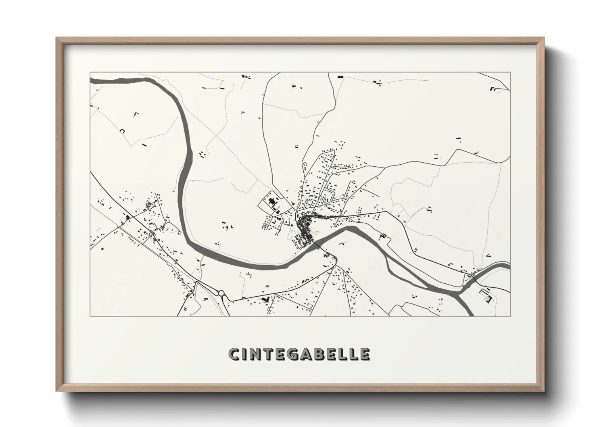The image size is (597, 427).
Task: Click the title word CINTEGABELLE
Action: [x=299, y=354]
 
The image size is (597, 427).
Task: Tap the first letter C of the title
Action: [x=234, y=354]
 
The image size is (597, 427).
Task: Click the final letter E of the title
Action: [x=364, y=354]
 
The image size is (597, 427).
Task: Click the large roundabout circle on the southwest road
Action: [x=221, y=293]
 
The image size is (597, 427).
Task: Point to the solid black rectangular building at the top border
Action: [x=340, y=76]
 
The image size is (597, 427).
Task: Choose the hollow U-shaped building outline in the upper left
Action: [x=121, y=130]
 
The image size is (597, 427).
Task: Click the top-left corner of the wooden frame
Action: [x=57, y=38]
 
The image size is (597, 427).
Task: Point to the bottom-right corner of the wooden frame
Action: [x=543, y=390]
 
